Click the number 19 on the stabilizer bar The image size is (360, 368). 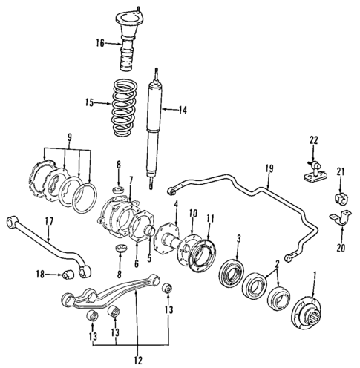coord(268,168)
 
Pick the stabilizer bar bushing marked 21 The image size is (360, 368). coord(344,202)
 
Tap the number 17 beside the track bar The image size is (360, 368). coord(48,220)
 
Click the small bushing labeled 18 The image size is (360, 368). coord(66,276)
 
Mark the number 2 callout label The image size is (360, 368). coord(277,263)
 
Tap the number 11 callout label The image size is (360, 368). coord(211,218)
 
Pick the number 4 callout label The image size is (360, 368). coord(175,204)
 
